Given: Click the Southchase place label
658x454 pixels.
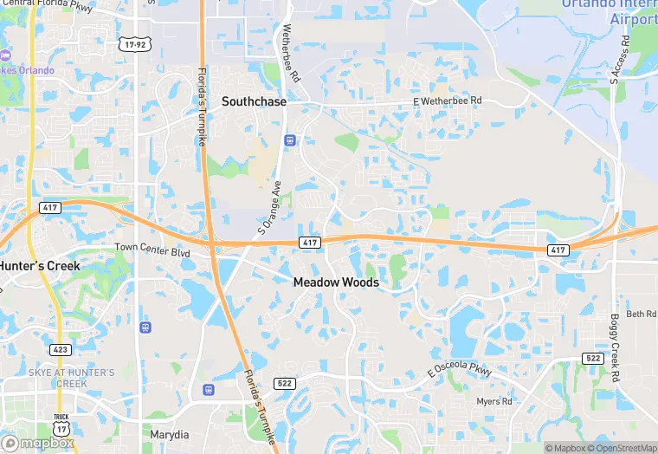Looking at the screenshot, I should (x=254, y=101).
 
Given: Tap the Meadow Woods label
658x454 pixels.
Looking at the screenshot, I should (x=335, y=282).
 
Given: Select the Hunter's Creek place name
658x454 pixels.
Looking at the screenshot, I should (x=40, y=265).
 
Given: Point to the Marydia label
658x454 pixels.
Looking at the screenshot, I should (x=169, y=433).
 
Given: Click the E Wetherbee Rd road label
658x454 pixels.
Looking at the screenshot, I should (x=447, y=101).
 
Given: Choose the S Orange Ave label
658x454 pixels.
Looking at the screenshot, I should (x=270, y=208).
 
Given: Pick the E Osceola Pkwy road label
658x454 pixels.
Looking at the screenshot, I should (x=459, y=371).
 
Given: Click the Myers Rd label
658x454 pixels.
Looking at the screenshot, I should (x=494, y=401).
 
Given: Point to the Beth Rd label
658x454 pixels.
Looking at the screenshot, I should (x=642, y=314).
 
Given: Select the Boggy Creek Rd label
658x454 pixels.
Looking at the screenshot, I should (x=616, y=348).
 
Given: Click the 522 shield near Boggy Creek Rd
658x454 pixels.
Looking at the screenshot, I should (x=593, y=357).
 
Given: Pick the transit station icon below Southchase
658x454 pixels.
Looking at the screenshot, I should (x=289, y=139).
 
